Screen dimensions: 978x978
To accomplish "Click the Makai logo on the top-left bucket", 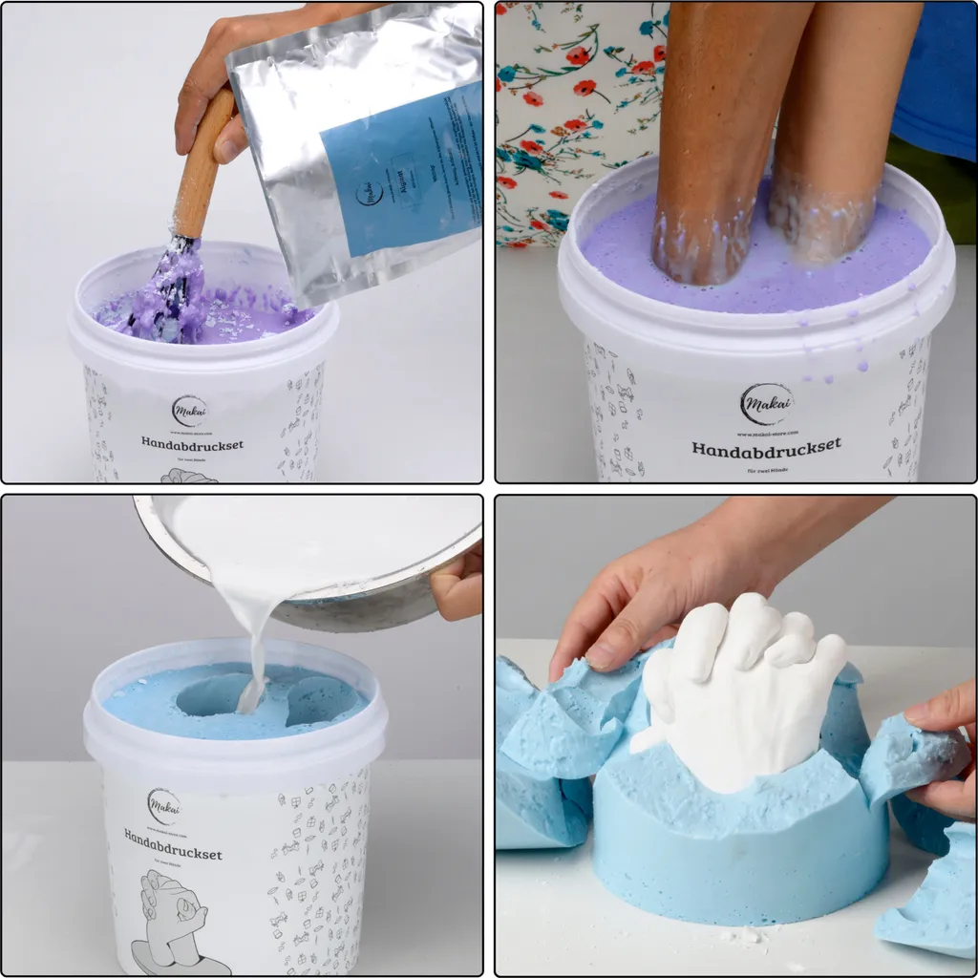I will tap(189, 411).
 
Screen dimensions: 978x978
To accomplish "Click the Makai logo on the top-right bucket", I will tap(766, 404).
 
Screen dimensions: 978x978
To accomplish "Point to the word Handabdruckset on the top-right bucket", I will tap(766, 446).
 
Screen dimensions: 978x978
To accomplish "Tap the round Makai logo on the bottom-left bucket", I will tap(163, 806).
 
